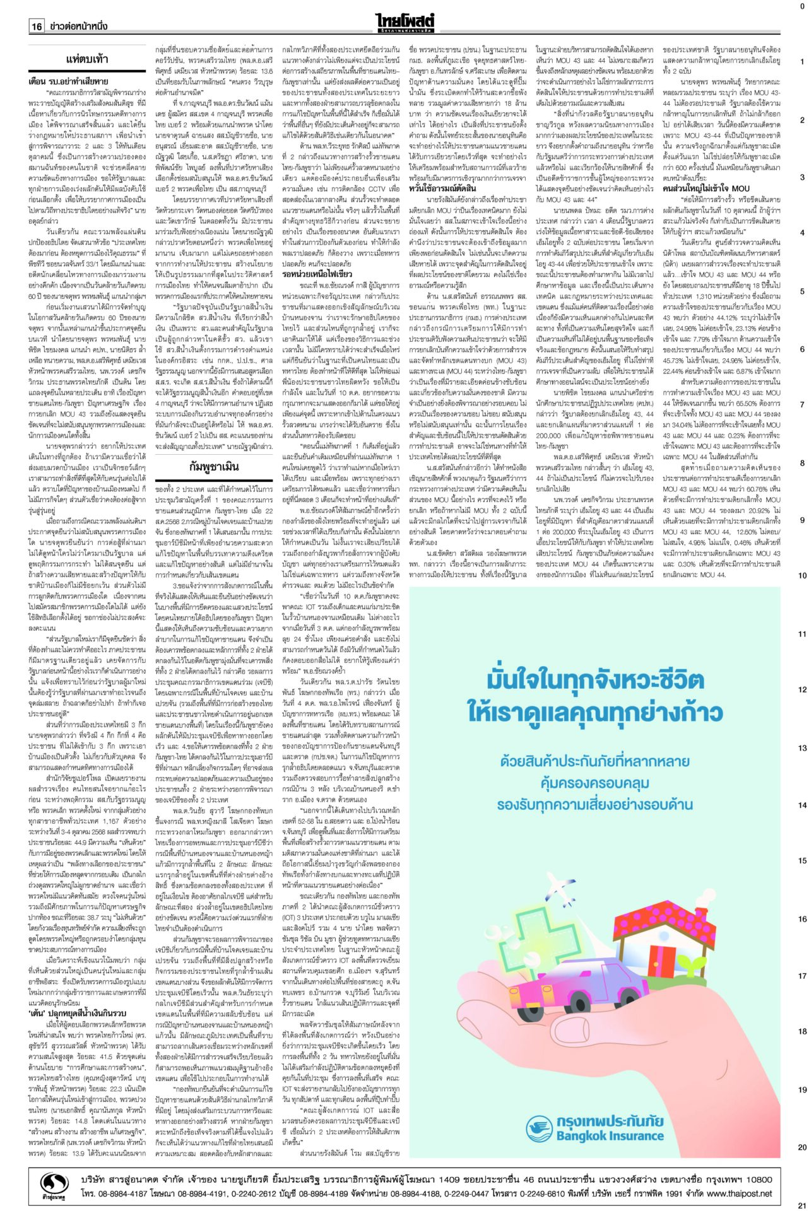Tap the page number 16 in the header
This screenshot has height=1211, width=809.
(x=37, y=26)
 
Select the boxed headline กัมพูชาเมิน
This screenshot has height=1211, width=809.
(x=214, y=467)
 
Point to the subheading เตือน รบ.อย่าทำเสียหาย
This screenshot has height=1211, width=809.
(x=68, y=81)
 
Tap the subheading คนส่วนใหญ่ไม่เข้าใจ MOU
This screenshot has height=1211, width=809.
(x=706, y=188)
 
